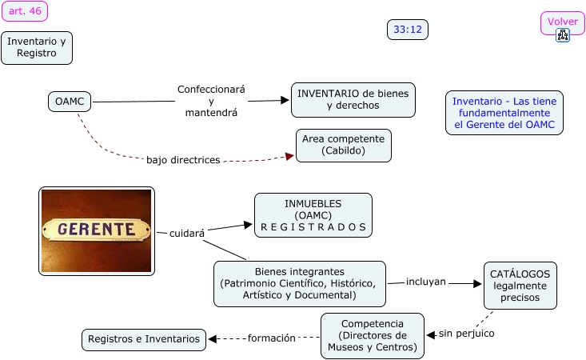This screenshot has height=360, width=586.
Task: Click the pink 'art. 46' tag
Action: [x=25, y=11]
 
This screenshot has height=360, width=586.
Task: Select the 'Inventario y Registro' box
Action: [x=37, y=47]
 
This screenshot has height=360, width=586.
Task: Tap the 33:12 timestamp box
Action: [x=408, y=30]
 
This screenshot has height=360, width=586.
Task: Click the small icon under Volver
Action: [x=563, y=35]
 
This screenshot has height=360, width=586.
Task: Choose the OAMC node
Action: [x=69, y=102]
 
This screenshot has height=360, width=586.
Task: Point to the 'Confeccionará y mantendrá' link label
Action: [x=211, y=101]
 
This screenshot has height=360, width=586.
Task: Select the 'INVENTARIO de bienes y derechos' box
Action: [x=353, y=100]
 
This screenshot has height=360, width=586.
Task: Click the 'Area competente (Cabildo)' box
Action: [x=343, y=145]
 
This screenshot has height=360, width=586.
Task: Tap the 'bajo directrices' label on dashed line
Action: [x=183, y=160]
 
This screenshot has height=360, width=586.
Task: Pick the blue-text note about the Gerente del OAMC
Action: [x=504, y=113]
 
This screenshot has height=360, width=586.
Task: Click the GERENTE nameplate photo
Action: [x=96, y=230]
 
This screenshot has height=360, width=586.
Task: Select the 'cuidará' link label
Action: [x=187, y=234]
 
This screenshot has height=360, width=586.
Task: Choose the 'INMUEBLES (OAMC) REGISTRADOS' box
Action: [x=313, y=215]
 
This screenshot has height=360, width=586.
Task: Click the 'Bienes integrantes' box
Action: [x=299, y=283]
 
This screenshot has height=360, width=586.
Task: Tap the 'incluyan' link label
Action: [x=426, y=282]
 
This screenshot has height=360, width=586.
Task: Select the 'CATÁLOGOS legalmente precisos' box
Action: [x=520, y=286]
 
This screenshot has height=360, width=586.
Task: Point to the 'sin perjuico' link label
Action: [x=466, y=333]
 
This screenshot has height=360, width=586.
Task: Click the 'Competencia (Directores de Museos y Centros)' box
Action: [x=372, y=335]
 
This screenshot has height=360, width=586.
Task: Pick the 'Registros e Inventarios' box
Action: [x=144, y=339]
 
